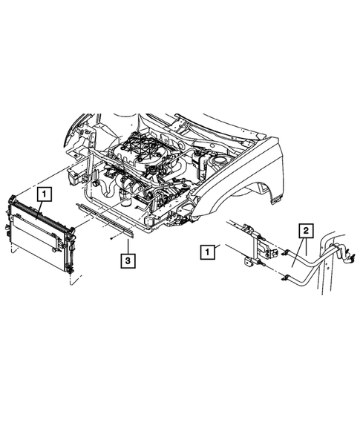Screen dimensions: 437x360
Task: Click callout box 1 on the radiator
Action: click(x=45, y=195)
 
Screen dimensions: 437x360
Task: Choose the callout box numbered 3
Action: click(x=129, y=260)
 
